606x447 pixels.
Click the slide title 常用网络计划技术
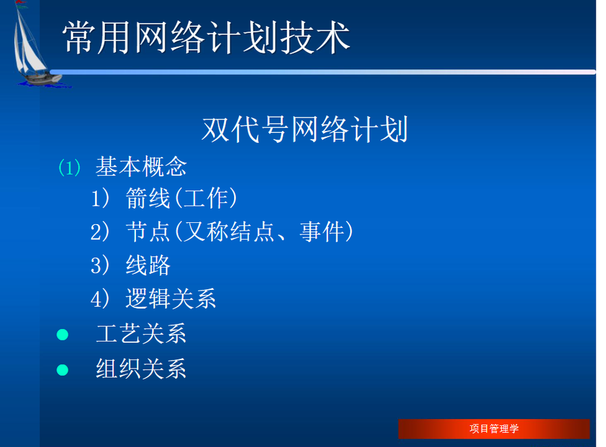pos(207,38)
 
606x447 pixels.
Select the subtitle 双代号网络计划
pos(304,129)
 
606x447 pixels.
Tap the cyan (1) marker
pos(70,167)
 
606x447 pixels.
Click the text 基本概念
pos(141,167)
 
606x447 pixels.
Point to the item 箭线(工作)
pos(181,198)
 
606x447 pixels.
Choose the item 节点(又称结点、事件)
pos(239,231)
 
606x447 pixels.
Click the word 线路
pos(148,265)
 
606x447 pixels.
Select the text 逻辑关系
pos(170,298)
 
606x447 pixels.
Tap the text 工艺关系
pos(141,333)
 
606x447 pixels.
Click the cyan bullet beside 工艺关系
pos(63,335)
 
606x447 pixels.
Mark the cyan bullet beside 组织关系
pos(63,370)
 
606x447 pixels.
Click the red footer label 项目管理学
pos(494,429)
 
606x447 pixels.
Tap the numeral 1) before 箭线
pos(101,199)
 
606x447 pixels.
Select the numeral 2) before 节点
pos(101,232)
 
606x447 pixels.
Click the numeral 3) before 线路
pos(101,266)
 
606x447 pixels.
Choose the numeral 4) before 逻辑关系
pos(101,299)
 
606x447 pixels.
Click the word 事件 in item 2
pos(322,231)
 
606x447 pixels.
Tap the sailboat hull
pos(41,79)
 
